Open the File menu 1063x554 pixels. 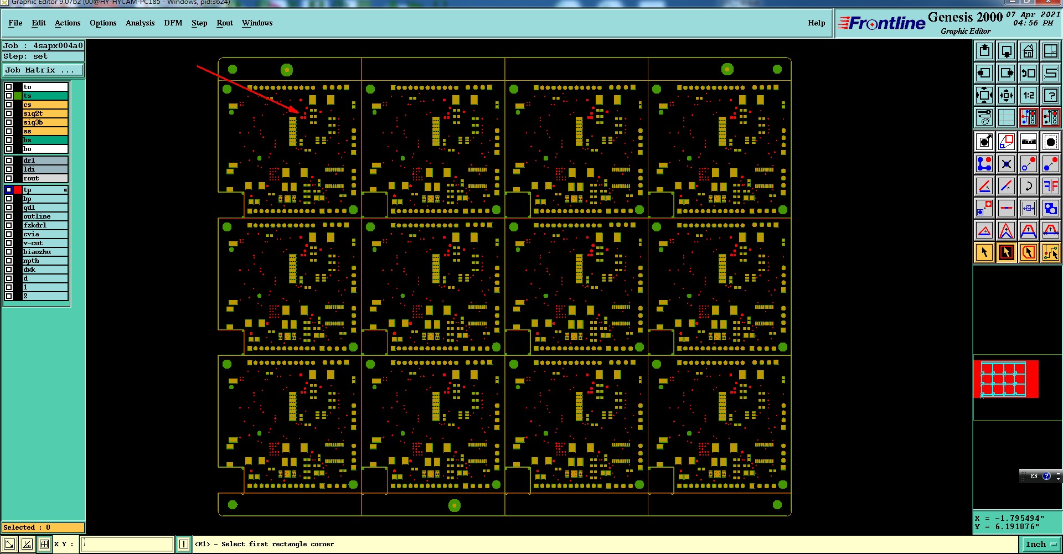click(16, 23)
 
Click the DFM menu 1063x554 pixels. click(173, 23)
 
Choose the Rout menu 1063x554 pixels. click(225, 23)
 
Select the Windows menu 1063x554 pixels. click(257, 23)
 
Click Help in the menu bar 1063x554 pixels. click(817, 23)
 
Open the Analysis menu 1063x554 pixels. click(140, 23)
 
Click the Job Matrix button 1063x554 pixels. click(43, 70)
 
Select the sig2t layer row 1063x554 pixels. click(45, 113)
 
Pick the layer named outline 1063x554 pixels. click(45, 216)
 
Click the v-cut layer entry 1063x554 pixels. click(45, 243)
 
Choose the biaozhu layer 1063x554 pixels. click(45, 252)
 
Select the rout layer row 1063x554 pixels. click(45, 178)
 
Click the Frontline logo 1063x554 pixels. click(882, 23)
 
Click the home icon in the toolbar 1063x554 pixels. click(1028, 51)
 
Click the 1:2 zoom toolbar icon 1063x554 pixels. click(1028, 95)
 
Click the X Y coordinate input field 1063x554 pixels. click(127, 544)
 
